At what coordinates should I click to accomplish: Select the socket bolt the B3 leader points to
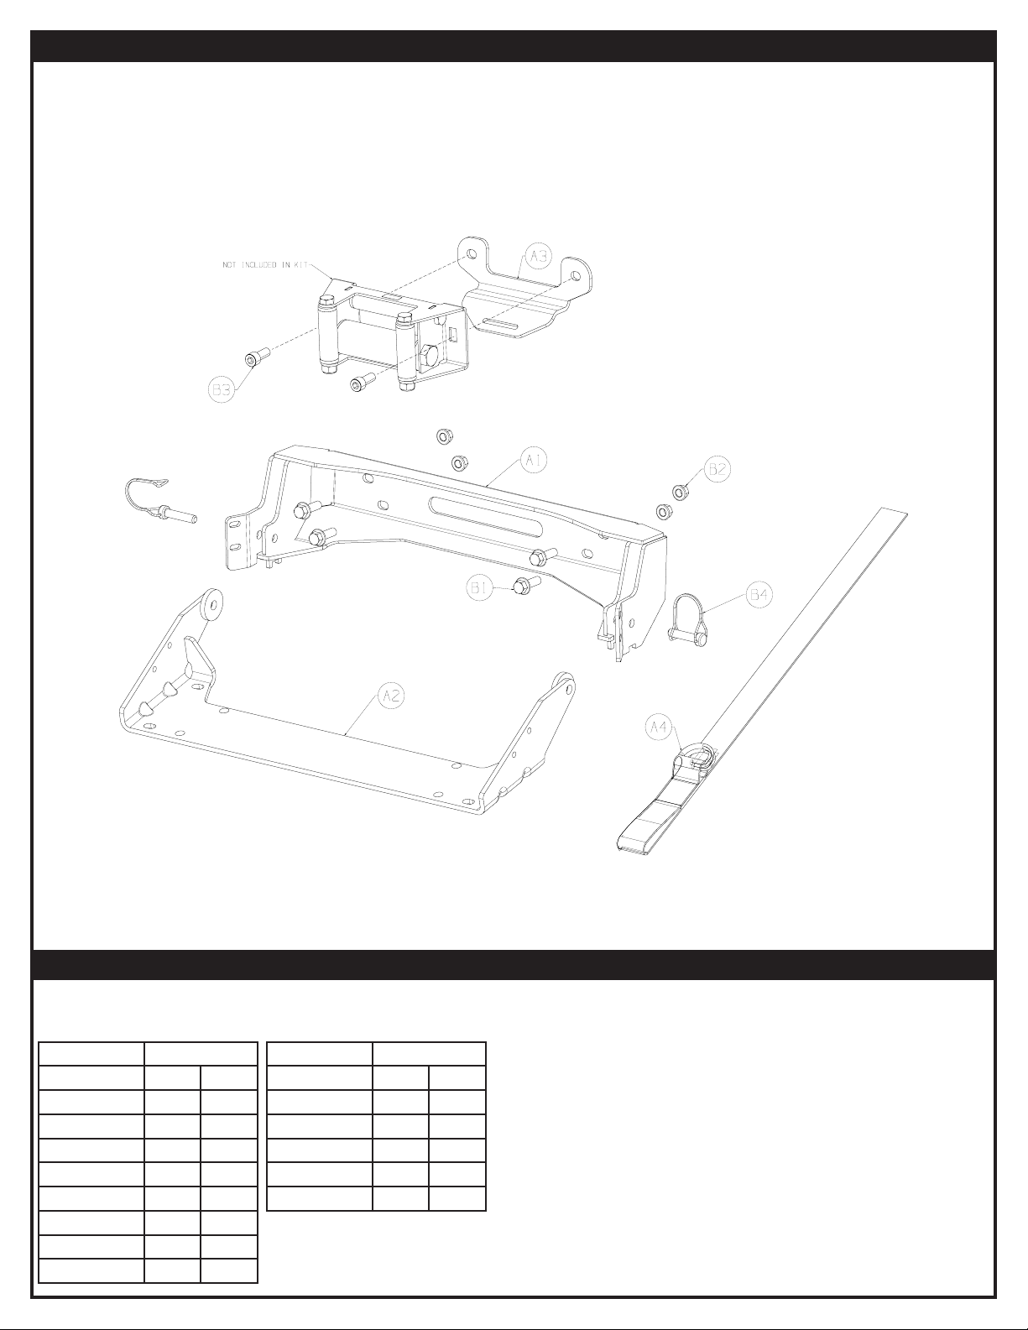coord(255,359)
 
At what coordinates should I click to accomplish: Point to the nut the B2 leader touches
coord(678,489)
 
